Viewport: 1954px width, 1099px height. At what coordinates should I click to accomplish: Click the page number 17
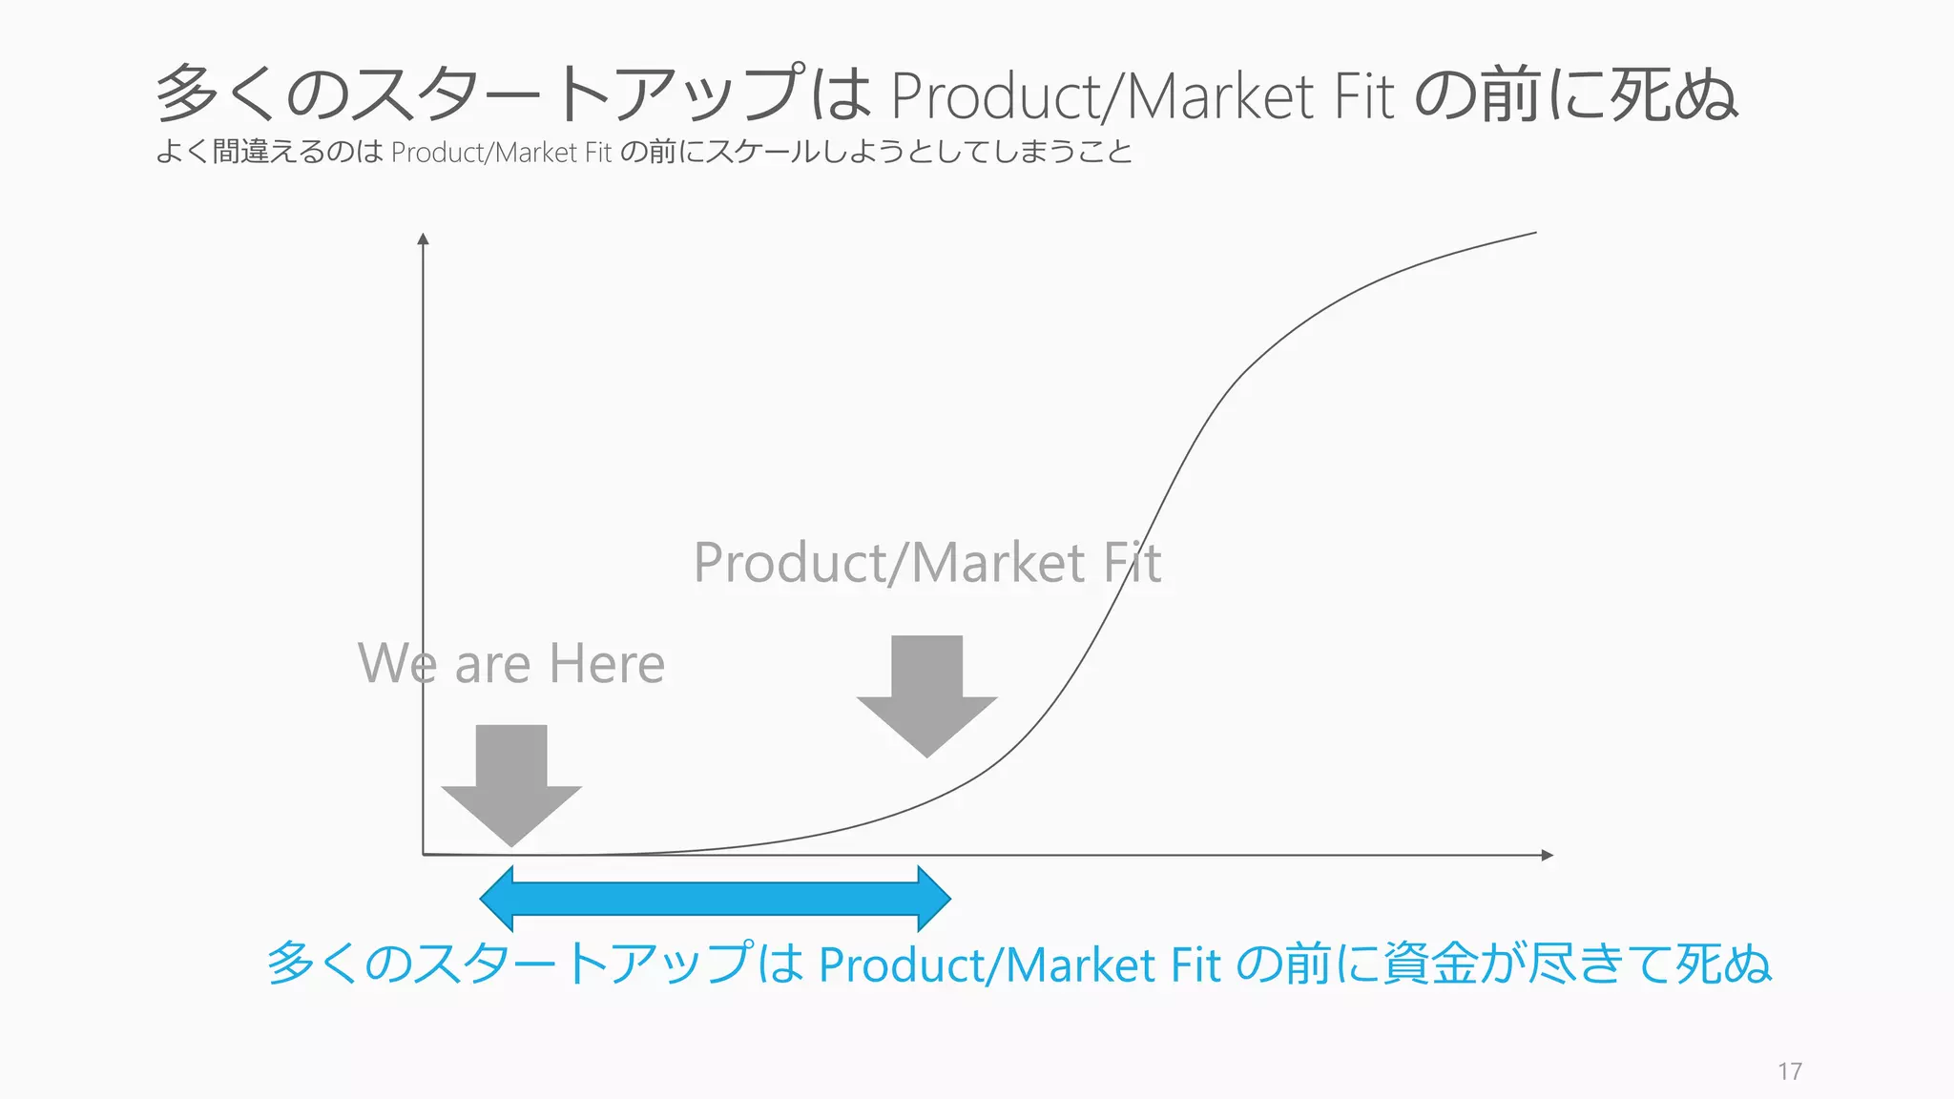(x=1789, y=1071)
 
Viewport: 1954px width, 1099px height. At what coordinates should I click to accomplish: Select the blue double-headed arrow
(x=716, y=899)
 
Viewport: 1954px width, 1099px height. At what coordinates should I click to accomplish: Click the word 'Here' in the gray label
(x=607, y=664)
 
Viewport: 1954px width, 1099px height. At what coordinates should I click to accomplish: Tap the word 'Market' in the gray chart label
(x=998, y=563)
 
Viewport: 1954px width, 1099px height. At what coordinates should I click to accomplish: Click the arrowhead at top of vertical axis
(x=424, y=238)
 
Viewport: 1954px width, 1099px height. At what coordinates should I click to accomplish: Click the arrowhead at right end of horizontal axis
(x=1548, y=855)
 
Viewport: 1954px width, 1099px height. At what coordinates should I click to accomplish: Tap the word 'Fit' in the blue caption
(x=1195, y=964)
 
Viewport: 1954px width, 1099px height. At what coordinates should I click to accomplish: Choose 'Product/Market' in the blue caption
(x=987, y=964)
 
